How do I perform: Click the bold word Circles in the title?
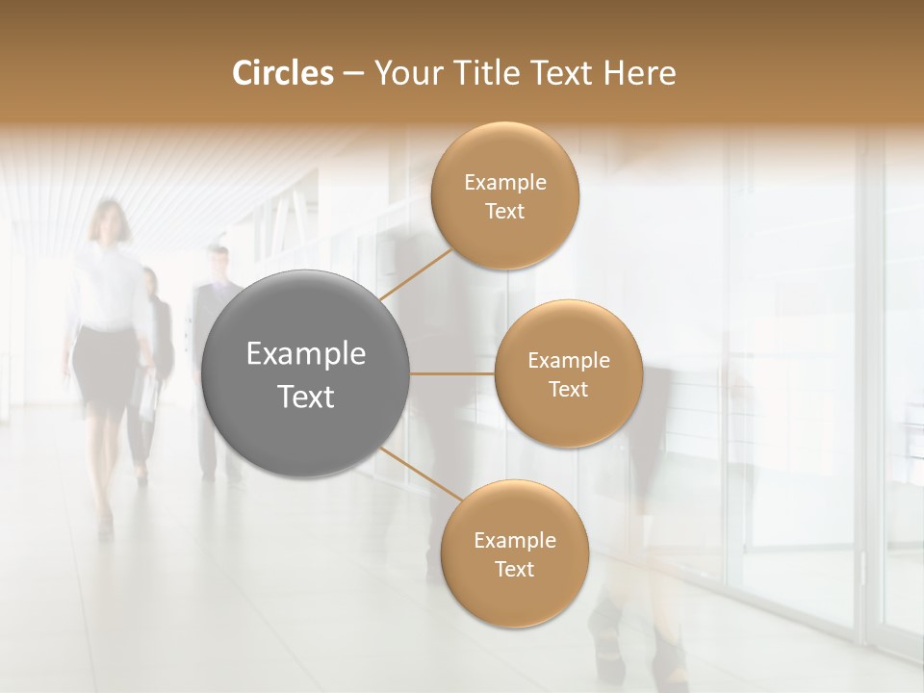pos(282,73)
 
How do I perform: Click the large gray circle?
pos(306,373)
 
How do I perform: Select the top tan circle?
pos(505,196)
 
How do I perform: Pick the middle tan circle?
pos(568,373)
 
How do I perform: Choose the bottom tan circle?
pos(514,554)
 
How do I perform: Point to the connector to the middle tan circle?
pos(452,373)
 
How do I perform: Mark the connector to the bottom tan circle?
pos(422,474)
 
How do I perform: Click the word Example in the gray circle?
pos(306,354)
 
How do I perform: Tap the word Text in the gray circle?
pos(306,397)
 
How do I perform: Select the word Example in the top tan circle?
pos(505,183)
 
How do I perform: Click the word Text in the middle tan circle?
pos(568,389)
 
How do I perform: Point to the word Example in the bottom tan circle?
pos(514,540)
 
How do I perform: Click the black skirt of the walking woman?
pos(104,371)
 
